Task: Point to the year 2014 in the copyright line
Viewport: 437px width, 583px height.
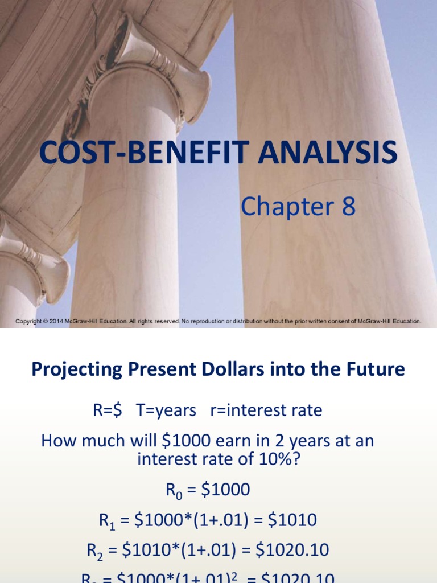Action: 55,321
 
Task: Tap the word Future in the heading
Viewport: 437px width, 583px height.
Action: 376,369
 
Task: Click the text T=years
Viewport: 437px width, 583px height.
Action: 166,410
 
